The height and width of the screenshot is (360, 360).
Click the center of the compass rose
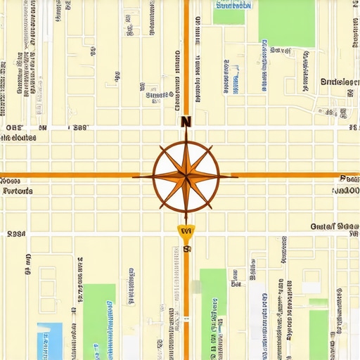(186, 175)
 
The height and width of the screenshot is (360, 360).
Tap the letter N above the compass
(186, 121)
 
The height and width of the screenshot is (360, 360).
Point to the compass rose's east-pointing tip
(238, 175)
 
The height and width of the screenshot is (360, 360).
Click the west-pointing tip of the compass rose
(134, 175)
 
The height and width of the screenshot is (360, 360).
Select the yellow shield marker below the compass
(186, 231)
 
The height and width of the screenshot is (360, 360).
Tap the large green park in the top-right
(286, 22)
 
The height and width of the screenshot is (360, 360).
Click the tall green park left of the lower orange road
(99, 320)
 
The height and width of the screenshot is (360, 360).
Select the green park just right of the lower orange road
(213, 309)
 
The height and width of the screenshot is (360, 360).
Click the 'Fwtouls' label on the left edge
(18, 191)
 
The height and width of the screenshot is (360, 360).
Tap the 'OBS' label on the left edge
(14, 128)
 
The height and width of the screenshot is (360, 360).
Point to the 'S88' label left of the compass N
(78, 128)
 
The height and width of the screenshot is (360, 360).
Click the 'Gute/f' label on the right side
(323, 226)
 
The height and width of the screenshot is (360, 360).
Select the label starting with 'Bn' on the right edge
(338, 82)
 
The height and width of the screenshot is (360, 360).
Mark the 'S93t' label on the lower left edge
(15, 233)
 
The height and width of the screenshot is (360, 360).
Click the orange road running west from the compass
(70, 175)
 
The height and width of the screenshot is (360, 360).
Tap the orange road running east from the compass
(295, 175)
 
